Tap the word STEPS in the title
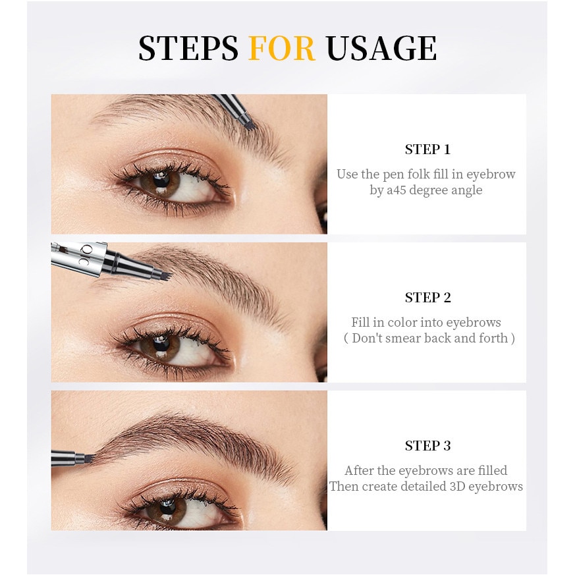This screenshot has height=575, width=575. pos(188,48)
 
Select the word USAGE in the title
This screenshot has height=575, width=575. pos(381,48)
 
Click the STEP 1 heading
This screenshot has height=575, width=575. pos(427,150)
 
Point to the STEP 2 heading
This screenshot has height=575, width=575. pos(427,298)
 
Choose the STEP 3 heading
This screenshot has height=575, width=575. pos(427,446)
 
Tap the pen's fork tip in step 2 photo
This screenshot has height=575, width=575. pos(163,273)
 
